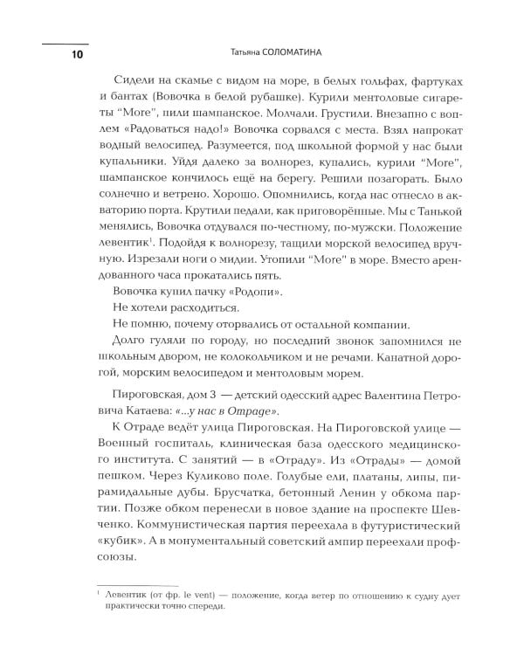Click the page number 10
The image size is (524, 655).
tap(53, 55)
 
